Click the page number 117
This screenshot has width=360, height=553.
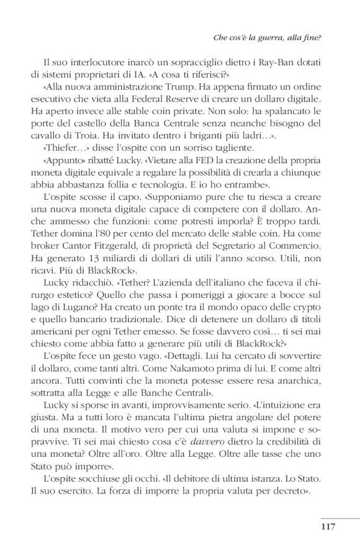pos(328,528)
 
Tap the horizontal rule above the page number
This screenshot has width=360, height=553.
pos(340,517)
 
